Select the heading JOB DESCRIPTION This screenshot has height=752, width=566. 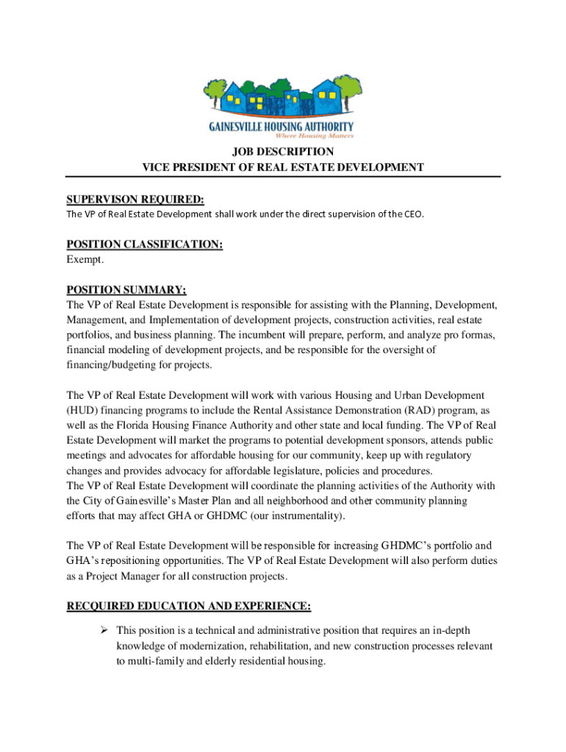[282, 152]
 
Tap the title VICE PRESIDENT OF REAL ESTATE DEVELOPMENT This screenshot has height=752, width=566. [282, 167]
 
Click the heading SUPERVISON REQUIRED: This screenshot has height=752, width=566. [135, 200]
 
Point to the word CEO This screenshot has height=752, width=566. [414, 214]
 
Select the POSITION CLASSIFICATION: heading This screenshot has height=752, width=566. [145, 245]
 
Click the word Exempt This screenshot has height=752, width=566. [85, 260]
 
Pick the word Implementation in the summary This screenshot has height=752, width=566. [187, 319]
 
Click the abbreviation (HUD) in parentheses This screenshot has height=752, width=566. [84, 411]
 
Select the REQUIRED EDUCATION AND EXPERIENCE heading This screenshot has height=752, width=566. [188, 607]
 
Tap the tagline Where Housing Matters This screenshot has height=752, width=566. [315, 136]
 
